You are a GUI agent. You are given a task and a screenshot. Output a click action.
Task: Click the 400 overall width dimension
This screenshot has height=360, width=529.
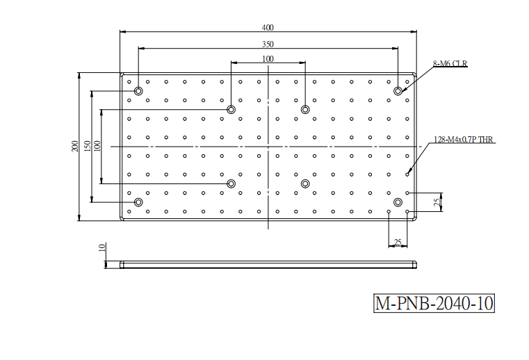pyautogui.click(x=268, y=27)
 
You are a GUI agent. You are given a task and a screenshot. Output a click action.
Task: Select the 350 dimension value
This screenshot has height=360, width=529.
pyautogui.click(x=268, y=44)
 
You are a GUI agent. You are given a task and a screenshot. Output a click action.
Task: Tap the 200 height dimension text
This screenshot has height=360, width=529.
pyautogui.click(x=75, y=146)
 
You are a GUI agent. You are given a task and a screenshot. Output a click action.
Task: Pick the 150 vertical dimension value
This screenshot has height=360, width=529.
pyautogui.click(x=87, y=146)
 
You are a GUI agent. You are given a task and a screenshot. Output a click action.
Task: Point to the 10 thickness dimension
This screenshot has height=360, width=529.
pyautogui.click(x=102, y=247)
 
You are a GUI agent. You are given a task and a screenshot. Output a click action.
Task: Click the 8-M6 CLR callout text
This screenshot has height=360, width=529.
pyautogui.click(x=450, y=63)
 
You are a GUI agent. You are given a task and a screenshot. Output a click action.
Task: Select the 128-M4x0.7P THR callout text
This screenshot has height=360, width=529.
pyautogui.click(x=463, y=140)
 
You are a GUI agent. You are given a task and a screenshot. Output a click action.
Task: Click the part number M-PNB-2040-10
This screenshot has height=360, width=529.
pyautogui.click(x=434, y=303)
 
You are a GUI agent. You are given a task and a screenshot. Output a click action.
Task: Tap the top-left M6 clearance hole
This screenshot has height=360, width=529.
pyautogui.click(x=138, y=91)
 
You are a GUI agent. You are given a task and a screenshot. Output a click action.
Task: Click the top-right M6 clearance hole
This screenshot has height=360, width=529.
pyautogui.click(x=398, y=91)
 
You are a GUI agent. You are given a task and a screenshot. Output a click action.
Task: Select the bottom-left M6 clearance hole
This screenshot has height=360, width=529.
pyautogui.click(x=138, y=202)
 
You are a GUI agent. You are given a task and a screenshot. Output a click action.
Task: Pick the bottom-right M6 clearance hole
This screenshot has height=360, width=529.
pyautogui.click(x=398, y=202)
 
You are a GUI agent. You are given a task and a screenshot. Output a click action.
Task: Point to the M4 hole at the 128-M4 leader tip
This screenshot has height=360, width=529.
pyautogui.click(x=407, y=174)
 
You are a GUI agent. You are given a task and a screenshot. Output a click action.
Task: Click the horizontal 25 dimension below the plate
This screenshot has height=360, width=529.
pyautogui.click(x=398, y=243)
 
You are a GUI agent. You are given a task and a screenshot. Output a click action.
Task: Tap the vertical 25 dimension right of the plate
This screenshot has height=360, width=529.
pyautogui.click(x=437, y=202)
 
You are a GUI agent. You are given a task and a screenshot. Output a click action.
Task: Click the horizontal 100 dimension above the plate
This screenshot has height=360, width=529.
pyautogui.click(x=268, y=59)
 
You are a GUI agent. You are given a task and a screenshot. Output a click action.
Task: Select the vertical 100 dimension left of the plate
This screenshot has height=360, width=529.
pyautogui.click(x=97, y=146)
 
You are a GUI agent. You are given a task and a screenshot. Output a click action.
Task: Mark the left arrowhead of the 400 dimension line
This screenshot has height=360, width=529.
pyautogui.click(x=123, y=32)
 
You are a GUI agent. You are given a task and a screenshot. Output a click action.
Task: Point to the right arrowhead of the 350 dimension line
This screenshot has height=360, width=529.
pyautogui.click(x=395, y=48)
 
